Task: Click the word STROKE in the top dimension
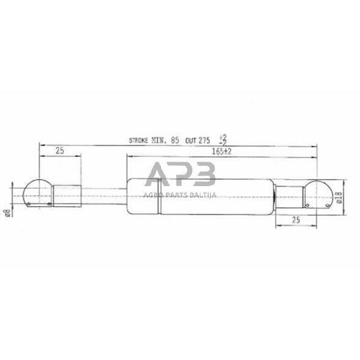[141, 140]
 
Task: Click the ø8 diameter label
[7, 212]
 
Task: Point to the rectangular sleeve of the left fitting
[66, 195]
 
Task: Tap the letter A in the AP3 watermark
[157, 176]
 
